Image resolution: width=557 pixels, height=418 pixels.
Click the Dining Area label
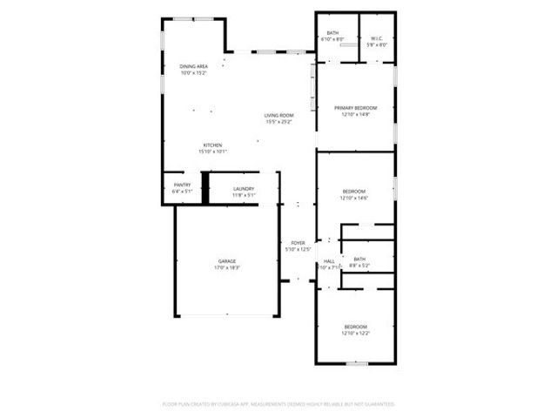tap(193, 66)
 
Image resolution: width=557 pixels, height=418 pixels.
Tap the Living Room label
tap(279, 115)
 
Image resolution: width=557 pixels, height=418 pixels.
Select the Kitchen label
tap(212, 145)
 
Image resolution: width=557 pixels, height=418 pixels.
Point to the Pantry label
tap(182, 185)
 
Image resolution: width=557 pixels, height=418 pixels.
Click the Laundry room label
tap(244, 189)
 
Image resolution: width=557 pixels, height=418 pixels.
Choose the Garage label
tap(228, 261)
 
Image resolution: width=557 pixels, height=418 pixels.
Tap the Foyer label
tap(298, 243)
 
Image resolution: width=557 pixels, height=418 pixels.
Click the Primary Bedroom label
tap(356, 108)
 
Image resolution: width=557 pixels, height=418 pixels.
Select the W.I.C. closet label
tap(377, 38)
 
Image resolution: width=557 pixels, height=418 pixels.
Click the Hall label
tap(329, 261)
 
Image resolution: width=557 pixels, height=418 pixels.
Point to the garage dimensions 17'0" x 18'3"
tap(228, 267)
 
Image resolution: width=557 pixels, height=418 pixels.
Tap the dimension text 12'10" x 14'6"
tap(354, 198)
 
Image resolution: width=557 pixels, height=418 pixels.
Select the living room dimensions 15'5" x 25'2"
tap(279, 121)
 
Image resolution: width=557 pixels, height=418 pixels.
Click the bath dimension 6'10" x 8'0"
tap(332, 40)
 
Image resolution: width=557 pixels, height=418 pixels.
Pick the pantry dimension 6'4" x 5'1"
tap(182, 191)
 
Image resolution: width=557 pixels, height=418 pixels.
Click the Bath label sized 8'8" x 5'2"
tap(359, 259)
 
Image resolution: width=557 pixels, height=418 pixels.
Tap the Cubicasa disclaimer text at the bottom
tap(278, 404)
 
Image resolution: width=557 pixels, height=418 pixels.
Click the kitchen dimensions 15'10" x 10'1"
tap(212, 152)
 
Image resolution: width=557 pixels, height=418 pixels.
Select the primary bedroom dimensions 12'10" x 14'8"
tap(356, 114)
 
